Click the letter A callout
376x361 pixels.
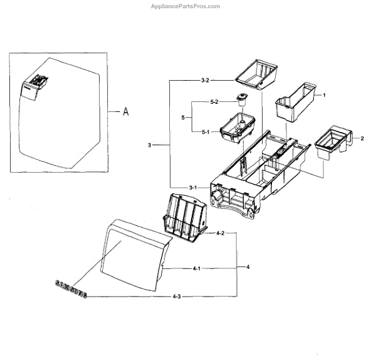[x=125, y=112]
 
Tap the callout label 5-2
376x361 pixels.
[x=213, y=102]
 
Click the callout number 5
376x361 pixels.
[x=182, y=117]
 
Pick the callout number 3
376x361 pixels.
[x=150, y=145]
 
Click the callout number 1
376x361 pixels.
[x=324, y=94]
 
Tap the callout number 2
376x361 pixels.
[x=362, y=137]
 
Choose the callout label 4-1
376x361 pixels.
[x=196, y=268]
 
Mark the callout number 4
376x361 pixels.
[x=248, y=267]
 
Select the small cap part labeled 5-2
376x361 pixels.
[x=242, y=98]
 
